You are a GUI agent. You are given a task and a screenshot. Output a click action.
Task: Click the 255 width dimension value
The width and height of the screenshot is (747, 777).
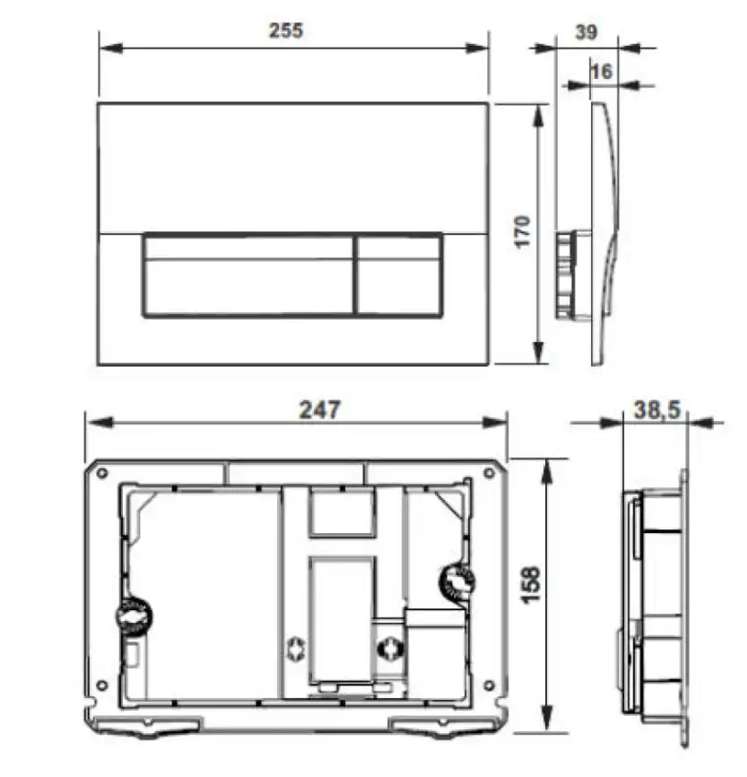coord(287,30)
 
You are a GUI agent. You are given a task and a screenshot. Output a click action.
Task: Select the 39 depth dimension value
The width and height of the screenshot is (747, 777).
coord(586,32)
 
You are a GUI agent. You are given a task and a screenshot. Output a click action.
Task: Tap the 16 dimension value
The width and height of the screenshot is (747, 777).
coord(603,71)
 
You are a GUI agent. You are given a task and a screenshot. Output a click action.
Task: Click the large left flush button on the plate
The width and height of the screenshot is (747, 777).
coord(248,276)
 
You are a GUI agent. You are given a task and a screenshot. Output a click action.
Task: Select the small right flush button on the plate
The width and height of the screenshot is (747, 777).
coord(399,276)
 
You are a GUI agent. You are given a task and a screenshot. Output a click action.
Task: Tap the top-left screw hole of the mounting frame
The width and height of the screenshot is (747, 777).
coord(103,472)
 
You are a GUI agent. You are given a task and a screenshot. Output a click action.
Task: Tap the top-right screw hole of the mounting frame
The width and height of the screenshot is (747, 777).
coord(490,472)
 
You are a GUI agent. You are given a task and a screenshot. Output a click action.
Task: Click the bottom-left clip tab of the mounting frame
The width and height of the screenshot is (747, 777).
coord(168,729)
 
